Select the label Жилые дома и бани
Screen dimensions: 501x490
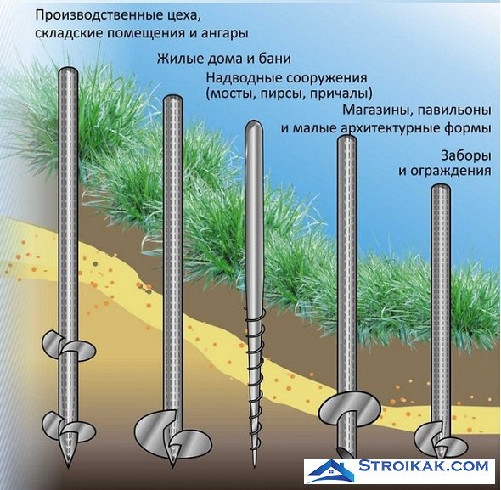coord(223,59)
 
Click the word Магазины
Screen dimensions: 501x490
coord(378,110)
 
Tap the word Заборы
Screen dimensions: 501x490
coord(466,156)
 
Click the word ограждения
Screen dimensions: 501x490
coord(451,172)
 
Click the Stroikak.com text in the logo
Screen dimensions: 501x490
coord(423,465)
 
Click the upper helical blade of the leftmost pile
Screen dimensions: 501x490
coord(69,346)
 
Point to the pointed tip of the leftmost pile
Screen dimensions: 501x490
coord(68,467)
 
